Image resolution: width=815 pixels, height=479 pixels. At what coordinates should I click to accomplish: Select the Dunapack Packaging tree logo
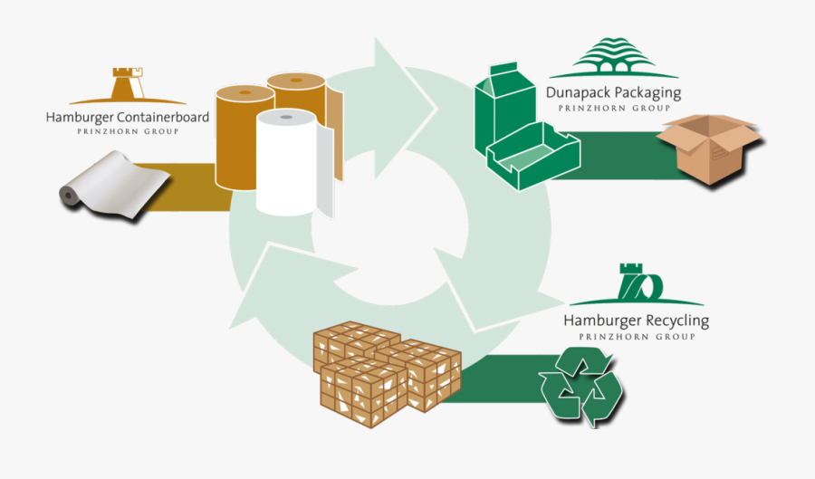613,62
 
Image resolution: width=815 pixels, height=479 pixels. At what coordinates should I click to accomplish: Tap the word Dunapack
579,92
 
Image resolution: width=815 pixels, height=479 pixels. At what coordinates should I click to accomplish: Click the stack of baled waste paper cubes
385,370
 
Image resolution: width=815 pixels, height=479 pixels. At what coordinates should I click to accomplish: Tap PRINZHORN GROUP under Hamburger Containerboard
127,132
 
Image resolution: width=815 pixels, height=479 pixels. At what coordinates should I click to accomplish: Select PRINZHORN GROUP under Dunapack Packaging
613,108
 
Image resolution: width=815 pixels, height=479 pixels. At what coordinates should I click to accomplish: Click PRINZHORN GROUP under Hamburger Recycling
636,336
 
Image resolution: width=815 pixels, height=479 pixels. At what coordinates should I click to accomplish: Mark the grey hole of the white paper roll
286,118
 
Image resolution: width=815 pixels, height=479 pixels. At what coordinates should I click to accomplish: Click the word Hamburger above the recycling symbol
602,321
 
